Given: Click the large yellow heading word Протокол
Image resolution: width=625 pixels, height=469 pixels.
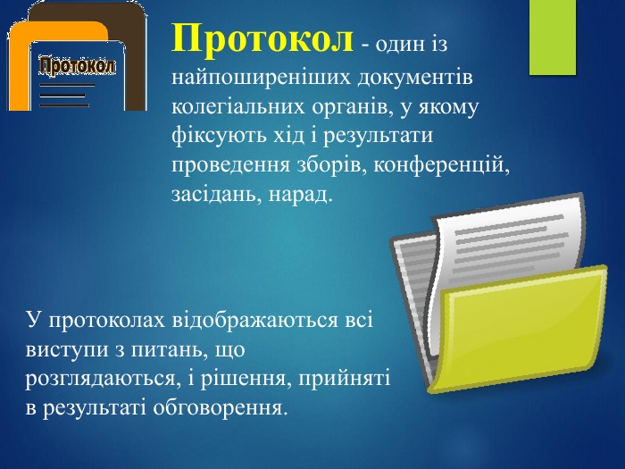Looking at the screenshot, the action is click(x=262, y=38).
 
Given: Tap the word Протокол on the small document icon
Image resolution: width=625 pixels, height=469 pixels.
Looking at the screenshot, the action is click(x=78, y=67).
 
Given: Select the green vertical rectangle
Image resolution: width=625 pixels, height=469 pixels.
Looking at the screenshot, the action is click(x=553, y=38).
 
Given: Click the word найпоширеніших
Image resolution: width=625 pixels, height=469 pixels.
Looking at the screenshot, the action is click(x=261, y=77).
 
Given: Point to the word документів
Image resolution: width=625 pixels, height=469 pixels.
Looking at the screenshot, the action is click(x=415, y=77).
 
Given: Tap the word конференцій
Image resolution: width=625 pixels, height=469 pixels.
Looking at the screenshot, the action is click(x=442, y=164).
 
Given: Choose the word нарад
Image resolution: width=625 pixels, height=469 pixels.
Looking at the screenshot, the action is click(x=301, y=194).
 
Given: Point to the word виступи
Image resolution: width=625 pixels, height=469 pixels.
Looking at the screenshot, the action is click(x=68, y=350).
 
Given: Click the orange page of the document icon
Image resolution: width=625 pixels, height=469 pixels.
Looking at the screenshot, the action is click(x=19, y=68).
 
